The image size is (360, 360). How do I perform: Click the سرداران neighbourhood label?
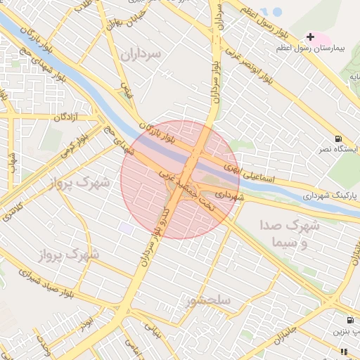(140, 54)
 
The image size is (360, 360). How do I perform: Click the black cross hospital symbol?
(310, 36)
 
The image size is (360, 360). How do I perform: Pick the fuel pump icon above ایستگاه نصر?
(339, 139)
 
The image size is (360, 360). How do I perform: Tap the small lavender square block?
(126, 229)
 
